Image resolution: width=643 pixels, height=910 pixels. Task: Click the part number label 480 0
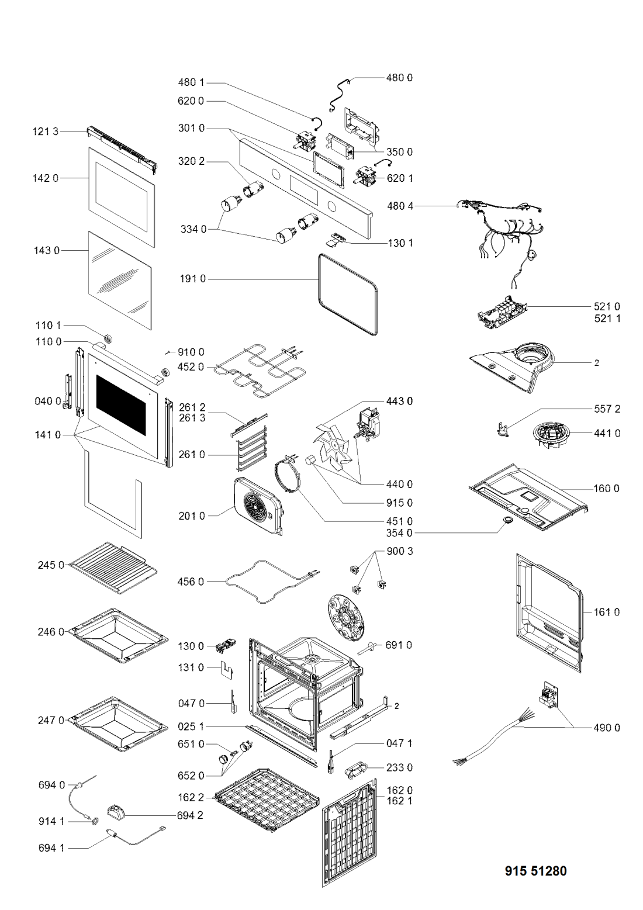click(399, 78)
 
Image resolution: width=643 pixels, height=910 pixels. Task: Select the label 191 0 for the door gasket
click(192, 279)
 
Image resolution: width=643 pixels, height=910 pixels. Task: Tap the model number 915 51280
click(535, 871)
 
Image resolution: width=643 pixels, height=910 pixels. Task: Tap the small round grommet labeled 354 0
click(507, 520)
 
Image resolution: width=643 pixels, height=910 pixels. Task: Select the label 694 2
click(190, 815)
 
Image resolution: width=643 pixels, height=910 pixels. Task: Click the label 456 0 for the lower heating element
click(191, 582)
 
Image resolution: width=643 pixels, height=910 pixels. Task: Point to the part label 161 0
click(606, 612)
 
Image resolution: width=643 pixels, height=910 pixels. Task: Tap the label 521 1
click(607, 319)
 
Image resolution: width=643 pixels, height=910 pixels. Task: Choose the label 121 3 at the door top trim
click(46, 132)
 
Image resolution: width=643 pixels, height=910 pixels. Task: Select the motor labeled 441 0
click(549, 435)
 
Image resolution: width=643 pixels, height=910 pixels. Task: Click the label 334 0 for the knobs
click(193, 230)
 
